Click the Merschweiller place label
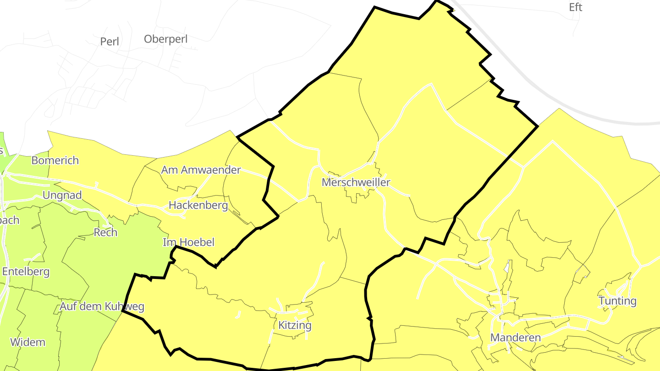356,182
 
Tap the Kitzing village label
295,326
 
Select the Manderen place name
515,338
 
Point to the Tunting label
617,301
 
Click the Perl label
110,42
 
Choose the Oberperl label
166,39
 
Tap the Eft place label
575,7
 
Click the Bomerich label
55,160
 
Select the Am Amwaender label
201,170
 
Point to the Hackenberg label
198,205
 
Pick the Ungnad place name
62,196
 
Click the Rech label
105,233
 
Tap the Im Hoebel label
188,242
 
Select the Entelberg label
26,272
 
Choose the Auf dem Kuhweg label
102,306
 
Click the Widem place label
27,342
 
